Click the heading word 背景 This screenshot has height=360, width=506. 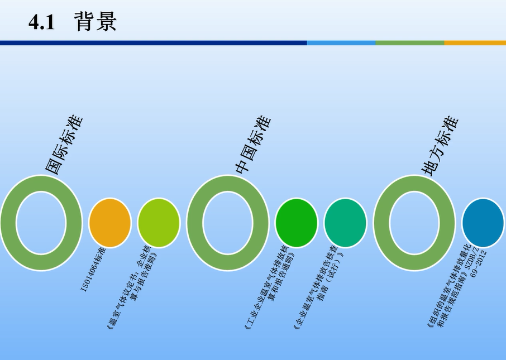pos(96,22)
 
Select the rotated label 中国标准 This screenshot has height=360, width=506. pos(252,145)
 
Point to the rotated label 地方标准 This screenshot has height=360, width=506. pos(440,146)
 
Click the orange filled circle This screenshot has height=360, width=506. pos(110,223)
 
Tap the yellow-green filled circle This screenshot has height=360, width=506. pos(159,223)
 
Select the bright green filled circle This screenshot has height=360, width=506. pos(297,223)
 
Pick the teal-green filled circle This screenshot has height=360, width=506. pos(345,223)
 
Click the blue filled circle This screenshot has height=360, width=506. pos(483,223)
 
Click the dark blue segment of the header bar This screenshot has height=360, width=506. pos(153,43)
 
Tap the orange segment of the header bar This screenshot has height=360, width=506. pos(475,43)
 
